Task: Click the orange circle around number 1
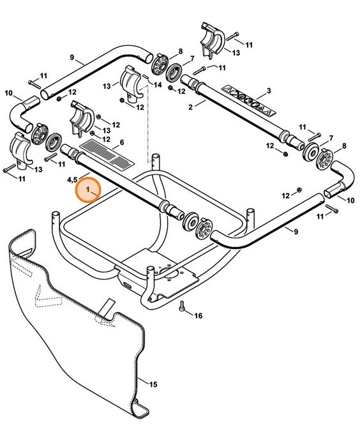[88, 191]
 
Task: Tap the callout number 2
[191, 106]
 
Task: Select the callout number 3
[269, 91]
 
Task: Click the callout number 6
[121, 142]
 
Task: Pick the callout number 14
[158, 86]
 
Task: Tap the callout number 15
[153, 384]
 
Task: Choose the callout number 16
[198, 315]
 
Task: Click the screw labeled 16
[183, 308]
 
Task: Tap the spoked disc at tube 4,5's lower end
[205, 229]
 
